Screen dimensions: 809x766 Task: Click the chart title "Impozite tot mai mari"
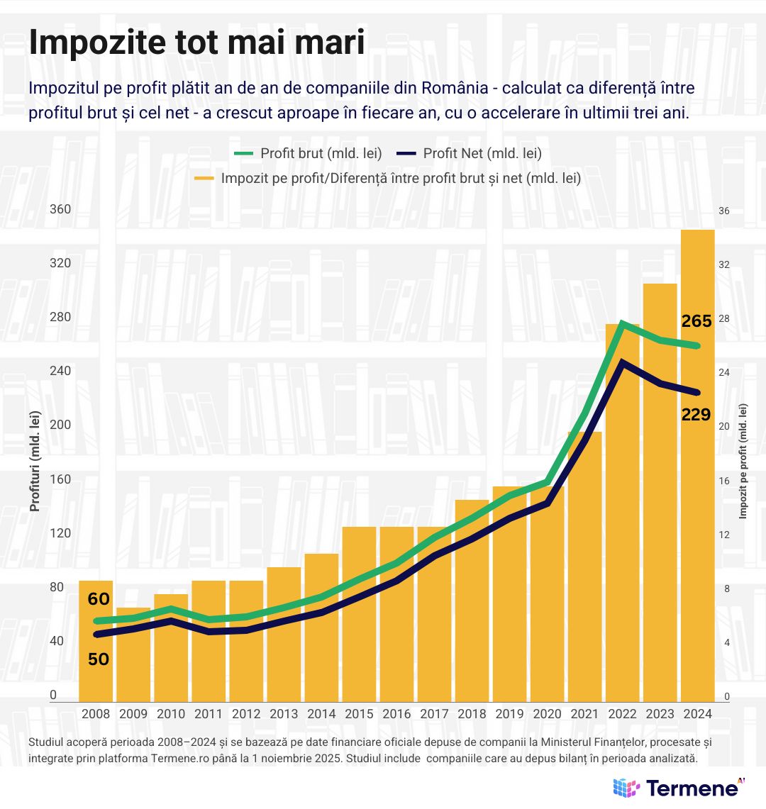[196, 43]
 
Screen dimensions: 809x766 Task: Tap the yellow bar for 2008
[96, 666]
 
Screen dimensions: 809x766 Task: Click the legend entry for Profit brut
[309, 153]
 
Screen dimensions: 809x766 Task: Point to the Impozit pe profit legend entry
[388, 178]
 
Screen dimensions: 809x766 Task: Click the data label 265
[696, 321]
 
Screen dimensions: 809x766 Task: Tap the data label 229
[696, 415]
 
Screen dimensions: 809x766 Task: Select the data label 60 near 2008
[99, 599]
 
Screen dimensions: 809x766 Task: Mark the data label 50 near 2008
[99, 659]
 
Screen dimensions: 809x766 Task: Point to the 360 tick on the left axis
[60, 209]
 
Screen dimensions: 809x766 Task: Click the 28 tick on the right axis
[724, 318]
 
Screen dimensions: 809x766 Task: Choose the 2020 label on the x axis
[547, 714]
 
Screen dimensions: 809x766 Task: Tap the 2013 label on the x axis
[284, 714]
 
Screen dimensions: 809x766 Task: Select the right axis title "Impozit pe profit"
[743, 461]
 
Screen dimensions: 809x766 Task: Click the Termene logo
[679, 787]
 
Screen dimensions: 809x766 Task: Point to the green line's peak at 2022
[622, 323]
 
